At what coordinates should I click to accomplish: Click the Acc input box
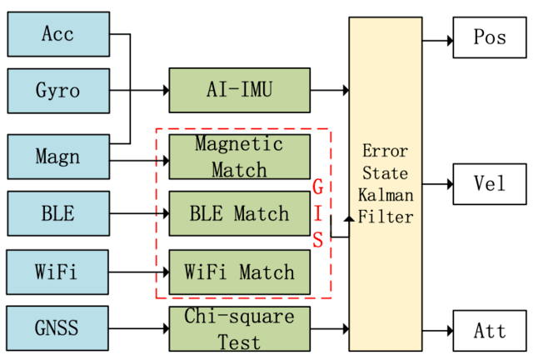(57, 34)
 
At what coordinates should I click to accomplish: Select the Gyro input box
(57, 91)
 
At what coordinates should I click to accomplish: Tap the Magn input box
(57, 156)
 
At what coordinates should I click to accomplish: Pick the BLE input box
(57, 213)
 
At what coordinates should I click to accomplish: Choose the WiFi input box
(57, 272)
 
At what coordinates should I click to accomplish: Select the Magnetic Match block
(239, 156)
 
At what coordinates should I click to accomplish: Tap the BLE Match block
(239, 214)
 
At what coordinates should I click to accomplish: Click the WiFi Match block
(239, 272)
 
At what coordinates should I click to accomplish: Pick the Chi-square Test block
(239, 329)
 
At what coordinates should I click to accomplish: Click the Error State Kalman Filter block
(386, 183)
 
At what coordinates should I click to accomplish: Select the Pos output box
(490, 37)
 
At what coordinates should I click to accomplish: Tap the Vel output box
(490, 182)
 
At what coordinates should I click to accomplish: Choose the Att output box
(490, 330)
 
